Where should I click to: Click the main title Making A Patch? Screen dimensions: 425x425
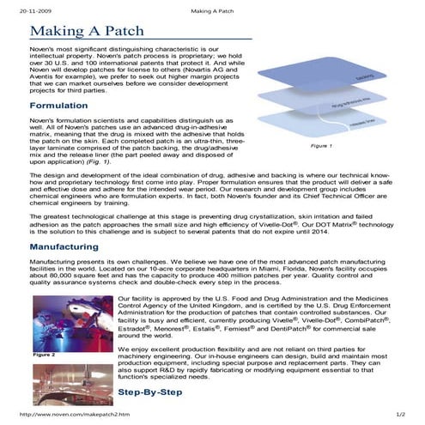tap(99, 33)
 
